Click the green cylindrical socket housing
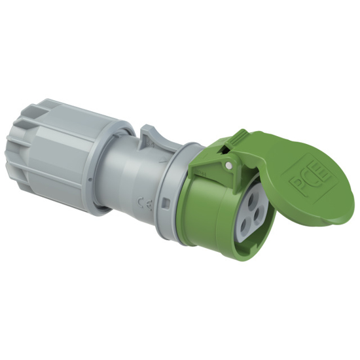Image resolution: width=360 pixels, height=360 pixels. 209,209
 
